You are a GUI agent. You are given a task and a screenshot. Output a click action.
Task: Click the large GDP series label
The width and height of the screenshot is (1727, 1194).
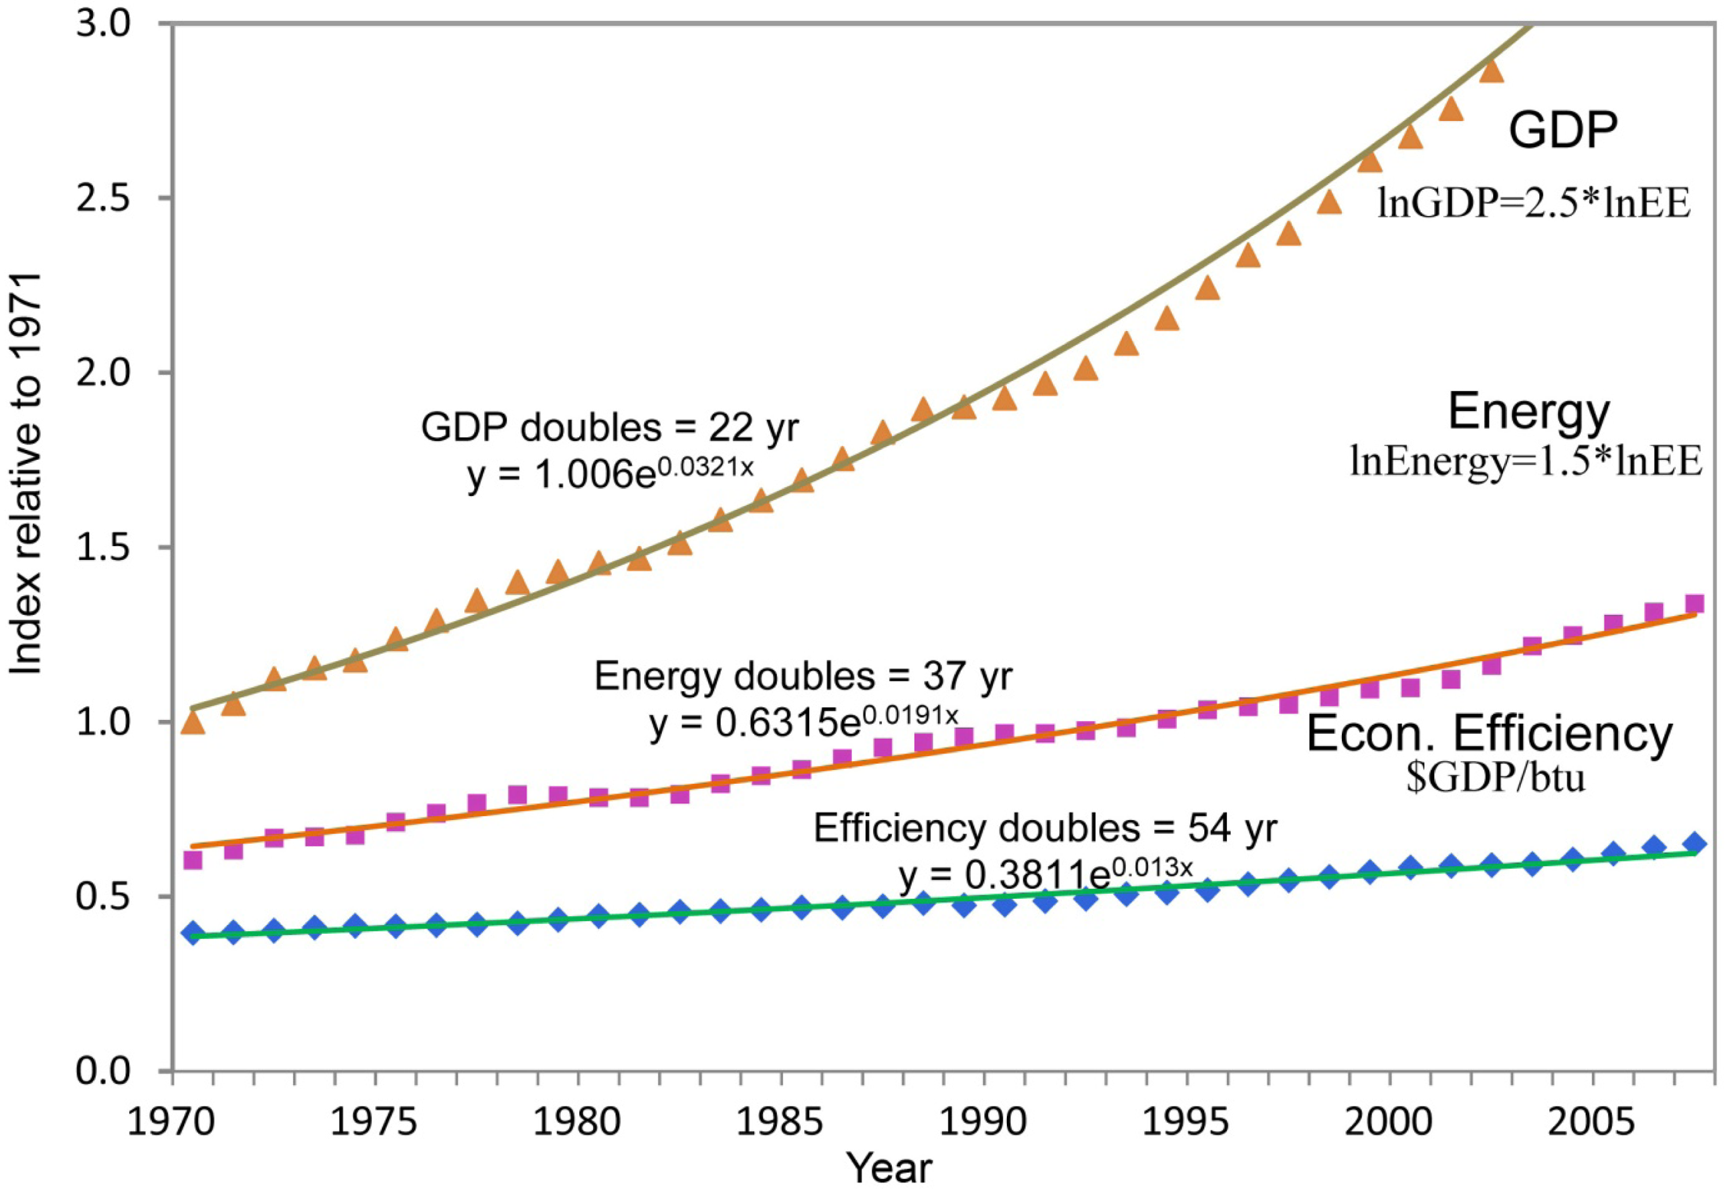(1562, 131)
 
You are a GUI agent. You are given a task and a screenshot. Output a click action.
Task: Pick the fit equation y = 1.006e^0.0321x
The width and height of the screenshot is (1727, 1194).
(610, 474)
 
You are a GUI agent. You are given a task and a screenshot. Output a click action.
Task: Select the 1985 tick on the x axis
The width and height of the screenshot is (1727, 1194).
(781, 1124)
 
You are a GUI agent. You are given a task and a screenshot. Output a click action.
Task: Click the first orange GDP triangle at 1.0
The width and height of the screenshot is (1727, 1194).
(193, 722)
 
